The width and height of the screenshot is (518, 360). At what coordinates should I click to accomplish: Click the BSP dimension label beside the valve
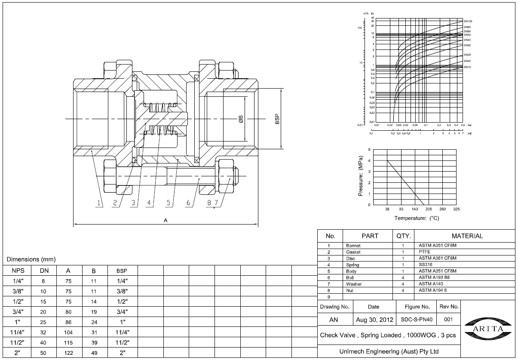coord(278,119)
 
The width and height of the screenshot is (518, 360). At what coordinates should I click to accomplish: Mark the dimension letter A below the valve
coord(165,220)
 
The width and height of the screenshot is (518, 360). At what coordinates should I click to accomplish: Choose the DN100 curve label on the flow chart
coord(468,21)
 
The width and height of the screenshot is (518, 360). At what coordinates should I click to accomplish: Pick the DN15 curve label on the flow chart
coord(467,67)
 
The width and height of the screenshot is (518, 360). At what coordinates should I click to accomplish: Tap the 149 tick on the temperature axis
coord(415,209)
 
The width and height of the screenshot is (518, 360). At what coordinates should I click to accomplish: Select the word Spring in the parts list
coord(352,265)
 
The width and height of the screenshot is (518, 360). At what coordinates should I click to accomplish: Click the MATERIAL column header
coord(467,236)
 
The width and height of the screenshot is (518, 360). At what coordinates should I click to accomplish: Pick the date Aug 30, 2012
coord(374,320)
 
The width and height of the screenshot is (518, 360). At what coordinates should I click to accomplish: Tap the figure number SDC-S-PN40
coord(417,320)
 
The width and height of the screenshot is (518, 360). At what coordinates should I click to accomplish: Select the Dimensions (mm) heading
coord(31,259)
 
